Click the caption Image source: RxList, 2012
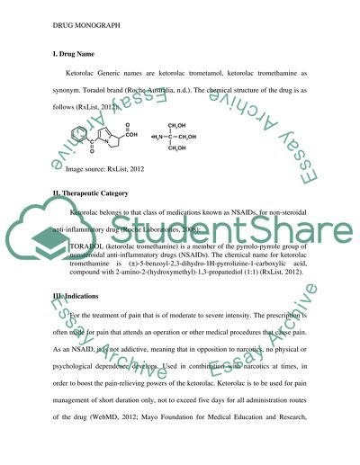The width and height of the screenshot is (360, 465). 111,170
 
